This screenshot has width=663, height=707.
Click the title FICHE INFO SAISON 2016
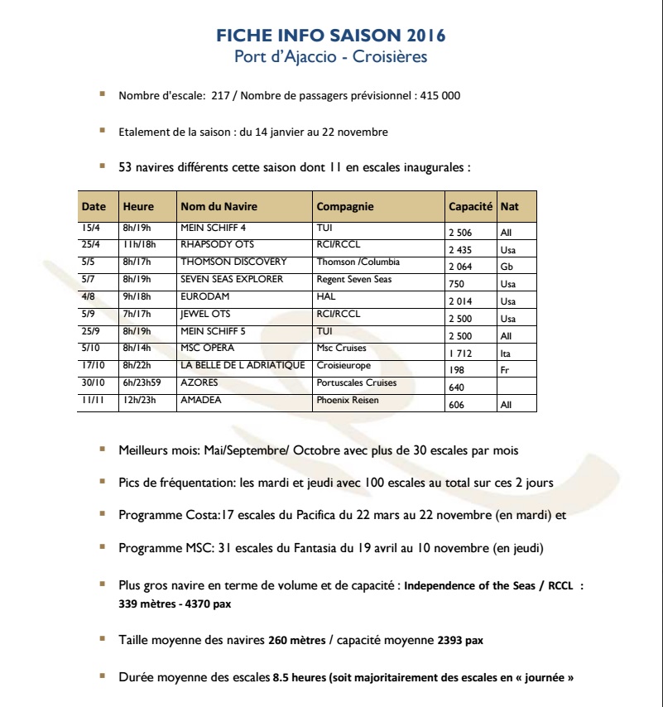(331, 36)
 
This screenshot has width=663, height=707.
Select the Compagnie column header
(345, 207)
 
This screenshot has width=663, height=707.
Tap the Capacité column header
(470, 207)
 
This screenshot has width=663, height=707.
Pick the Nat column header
(510, 207)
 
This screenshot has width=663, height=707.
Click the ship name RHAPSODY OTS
(217, 245)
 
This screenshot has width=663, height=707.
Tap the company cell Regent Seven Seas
(354, 279)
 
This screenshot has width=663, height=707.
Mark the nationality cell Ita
(507, 353)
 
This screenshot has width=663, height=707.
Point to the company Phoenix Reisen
(348, 400)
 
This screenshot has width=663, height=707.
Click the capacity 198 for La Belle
(456, 370)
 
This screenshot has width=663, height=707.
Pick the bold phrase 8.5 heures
(299, 677)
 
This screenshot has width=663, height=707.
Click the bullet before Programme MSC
(102, 547)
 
